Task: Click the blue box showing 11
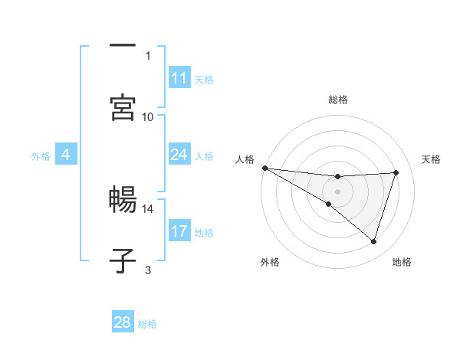[x=179, y=78]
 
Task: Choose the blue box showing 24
[x=179, y=155]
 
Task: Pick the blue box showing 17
[x=179, y=231]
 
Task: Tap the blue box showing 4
[x=66, y=155]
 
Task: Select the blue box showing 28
[x=123, y=322]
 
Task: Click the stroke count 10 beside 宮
[x=148, y=116]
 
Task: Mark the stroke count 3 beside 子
[x=148, y=270]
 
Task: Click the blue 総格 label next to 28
[x=147, y=324]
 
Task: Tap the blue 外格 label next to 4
[x=41, y=156]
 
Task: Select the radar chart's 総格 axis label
[x=337, y=100]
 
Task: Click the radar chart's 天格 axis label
[x=432, y=159]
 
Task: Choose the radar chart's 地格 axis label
[x=402, y=262]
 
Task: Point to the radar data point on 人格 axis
[x=264, y=168]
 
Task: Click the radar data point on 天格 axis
[x=396, y=172]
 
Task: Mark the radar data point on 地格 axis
[x=374, y=241]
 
